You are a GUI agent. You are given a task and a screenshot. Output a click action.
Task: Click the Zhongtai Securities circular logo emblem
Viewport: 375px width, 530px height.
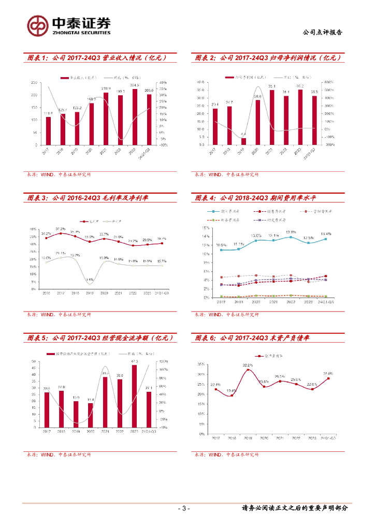38,25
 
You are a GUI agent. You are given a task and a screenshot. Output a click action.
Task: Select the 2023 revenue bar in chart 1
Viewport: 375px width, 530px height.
135,117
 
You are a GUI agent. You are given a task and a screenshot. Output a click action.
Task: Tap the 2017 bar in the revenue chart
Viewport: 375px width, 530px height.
48,131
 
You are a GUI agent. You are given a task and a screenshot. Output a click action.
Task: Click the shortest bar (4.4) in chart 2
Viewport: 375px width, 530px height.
244,141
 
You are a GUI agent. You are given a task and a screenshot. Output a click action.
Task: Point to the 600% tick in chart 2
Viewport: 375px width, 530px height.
329,82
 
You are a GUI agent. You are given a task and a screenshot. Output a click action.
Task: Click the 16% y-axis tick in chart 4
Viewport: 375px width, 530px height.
206,228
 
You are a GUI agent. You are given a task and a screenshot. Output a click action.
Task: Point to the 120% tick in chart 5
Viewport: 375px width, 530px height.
162,361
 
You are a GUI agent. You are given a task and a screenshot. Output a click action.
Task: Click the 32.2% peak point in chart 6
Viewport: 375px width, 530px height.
248,370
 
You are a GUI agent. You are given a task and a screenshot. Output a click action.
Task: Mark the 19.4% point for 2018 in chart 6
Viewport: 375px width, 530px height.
232,396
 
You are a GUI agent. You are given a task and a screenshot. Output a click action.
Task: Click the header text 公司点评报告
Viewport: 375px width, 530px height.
322,32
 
